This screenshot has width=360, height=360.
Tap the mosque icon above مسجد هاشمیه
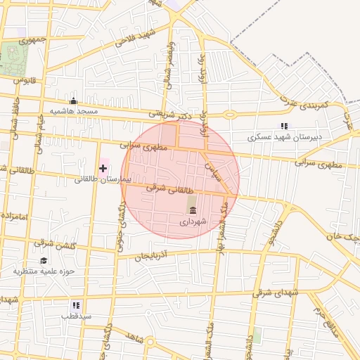(74, 101)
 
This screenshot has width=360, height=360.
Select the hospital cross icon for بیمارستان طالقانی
(103, 167)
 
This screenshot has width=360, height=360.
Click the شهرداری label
(193, 221)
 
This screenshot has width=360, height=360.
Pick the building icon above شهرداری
(192, 209)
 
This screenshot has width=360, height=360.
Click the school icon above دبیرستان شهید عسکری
(284, 125)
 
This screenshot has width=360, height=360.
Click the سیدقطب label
(76, 316)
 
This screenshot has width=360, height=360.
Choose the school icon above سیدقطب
(76, 305)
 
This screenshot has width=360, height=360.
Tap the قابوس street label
(25, 80)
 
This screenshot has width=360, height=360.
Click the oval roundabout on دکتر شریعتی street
(230, 114)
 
